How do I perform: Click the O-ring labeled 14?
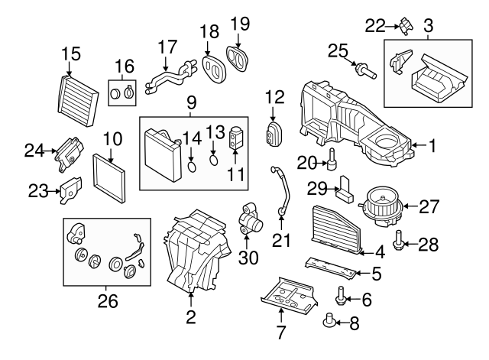coord(192,161)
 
